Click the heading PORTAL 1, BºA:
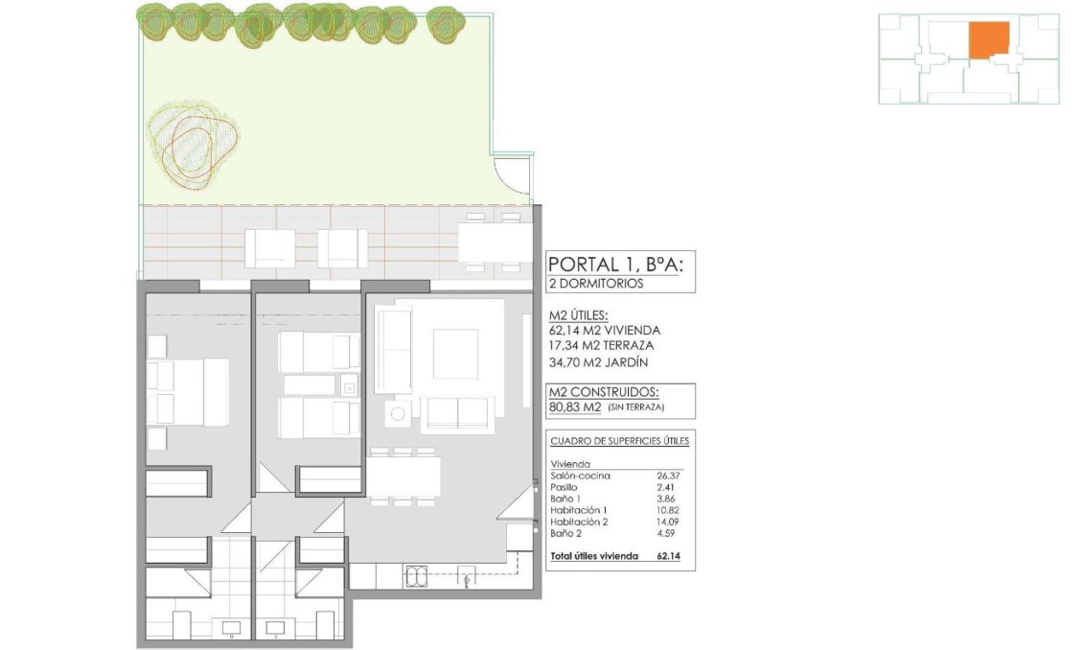pyautogui.click(x=614, y=264)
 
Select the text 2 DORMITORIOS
pyautogui.click(x=595, y=284)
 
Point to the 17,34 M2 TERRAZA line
pyautogui.click(x=602, y=345)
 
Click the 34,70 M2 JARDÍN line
pyautogui.click(x=598, y=362)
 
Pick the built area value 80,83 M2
pyautogui.click(x=575, y=406)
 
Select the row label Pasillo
pyautogui.click(x=564, y=487)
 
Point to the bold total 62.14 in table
pyautogui.click(x=668, y=555)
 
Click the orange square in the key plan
pyautogui.click(x=988, y=40)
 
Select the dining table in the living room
pyautogui.click(x=404, y=476)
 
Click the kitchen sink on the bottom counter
pyautogui.click(x=419, y=575)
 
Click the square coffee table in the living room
pyautogui.click(x=455, y=353)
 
